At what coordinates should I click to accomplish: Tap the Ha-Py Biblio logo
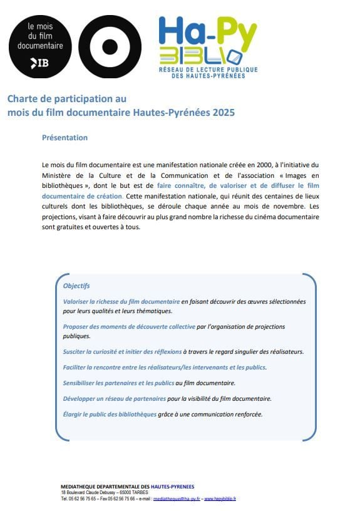(x=208, y=47)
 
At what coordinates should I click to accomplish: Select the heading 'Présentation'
(x=64, y=138)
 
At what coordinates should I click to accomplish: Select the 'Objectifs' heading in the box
(x=76, y=286)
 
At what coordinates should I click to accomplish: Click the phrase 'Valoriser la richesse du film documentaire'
(x=121, y=301)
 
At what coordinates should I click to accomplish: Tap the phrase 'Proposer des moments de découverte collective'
(x=129, y=327)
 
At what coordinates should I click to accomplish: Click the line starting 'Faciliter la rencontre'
(x=164, y=368)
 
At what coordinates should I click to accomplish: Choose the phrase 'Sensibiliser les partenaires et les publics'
(x=118, y=383)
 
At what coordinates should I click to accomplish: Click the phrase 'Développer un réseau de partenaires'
(x=115, y=398)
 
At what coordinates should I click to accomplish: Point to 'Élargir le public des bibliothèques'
(x=110, y=414)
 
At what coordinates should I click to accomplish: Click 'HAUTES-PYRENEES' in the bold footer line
(x=172, y=487)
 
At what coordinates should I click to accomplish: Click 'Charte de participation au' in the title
(x=67, y=99)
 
